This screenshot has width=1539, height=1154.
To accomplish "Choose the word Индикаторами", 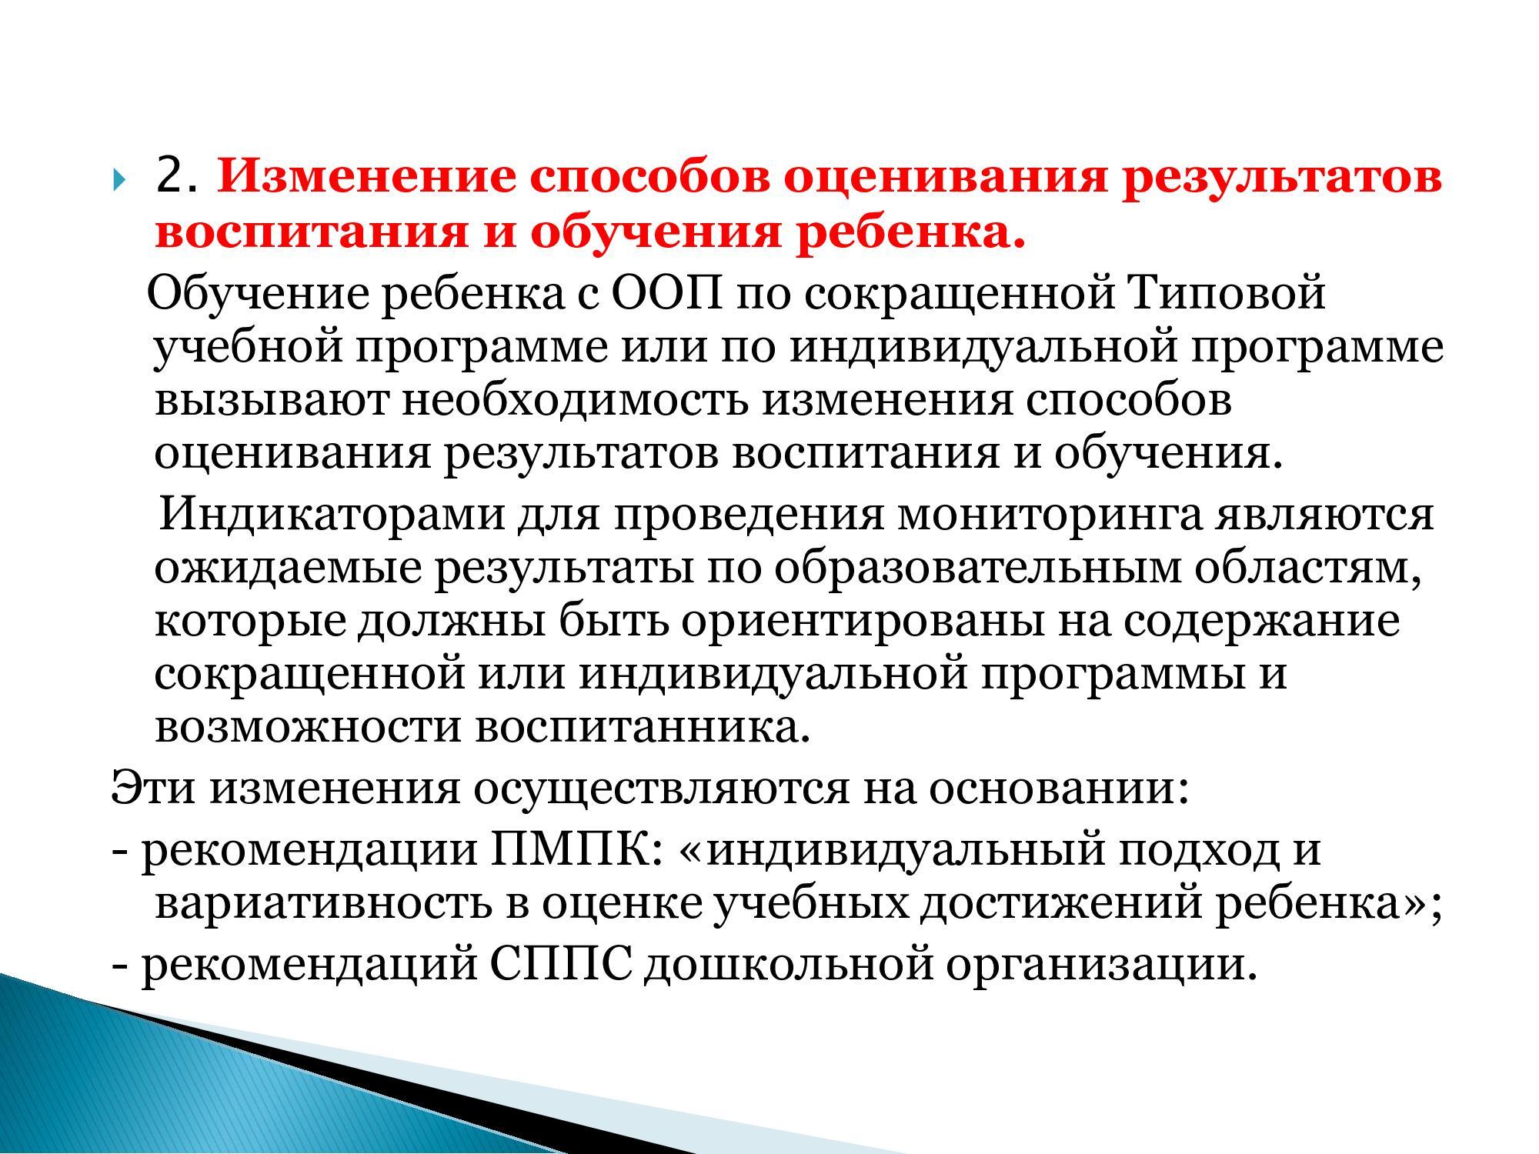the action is click(x=332, y=514).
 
